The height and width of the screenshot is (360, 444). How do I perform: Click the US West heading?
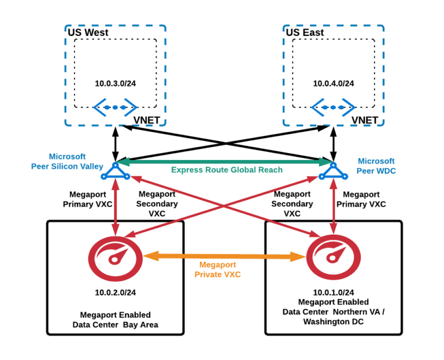pyautogui.click(x=88, y=32)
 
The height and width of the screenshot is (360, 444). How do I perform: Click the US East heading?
pyautogui.click(x=305, y=32)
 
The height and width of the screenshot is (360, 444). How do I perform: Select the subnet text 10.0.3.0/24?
pyautogui.click(x=116, y=83)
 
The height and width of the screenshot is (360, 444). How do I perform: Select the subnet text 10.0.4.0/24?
pyautogui.click(x=334, y=83)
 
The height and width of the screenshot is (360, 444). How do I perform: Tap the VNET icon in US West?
pyautogui.click(x=115, y=107)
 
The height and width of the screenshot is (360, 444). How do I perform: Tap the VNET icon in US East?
pyautogui.click(x=333, y=107)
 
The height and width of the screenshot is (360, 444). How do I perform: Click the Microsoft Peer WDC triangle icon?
pyautogui.click(x=334, y=170)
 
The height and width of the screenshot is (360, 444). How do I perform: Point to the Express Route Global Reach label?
pyautogui.click(x=227, y=170)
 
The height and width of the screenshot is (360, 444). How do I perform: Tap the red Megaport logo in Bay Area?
pyautogui.click(x=115, y=256)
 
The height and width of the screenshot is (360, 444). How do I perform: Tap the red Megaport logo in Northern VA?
pyautogui.click(x=334, y=256)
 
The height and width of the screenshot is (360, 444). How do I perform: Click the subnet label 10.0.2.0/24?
pyautogui.click(x=116, y=292)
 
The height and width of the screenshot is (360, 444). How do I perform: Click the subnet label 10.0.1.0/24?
pyautogui.click(x=334, y=292)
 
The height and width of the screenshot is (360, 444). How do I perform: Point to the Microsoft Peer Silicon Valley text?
pyautogui.click(x=67, y=161)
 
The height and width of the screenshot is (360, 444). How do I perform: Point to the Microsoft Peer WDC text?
pyautogui.click(x=376, y=166)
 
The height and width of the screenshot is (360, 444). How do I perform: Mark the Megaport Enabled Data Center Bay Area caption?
pyautogui.click(x=115, y=320)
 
